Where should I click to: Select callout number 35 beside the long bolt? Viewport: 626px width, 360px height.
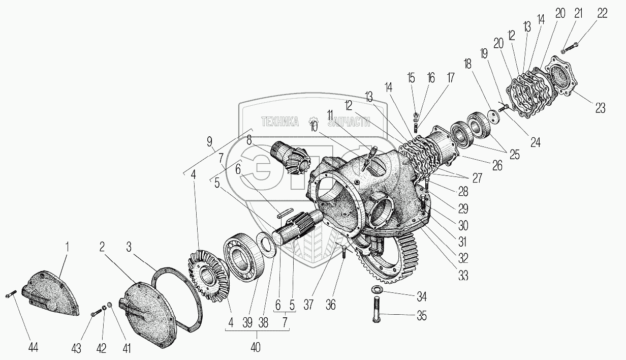(x=422, y=316)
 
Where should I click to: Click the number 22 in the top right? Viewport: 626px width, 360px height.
(x=602, y=14)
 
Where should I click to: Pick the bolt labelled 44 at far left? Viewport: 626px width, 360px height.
(x=12, y=293)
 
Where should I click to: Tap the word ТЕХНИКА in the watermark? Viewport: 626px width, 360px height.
(x=279, y=122)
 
